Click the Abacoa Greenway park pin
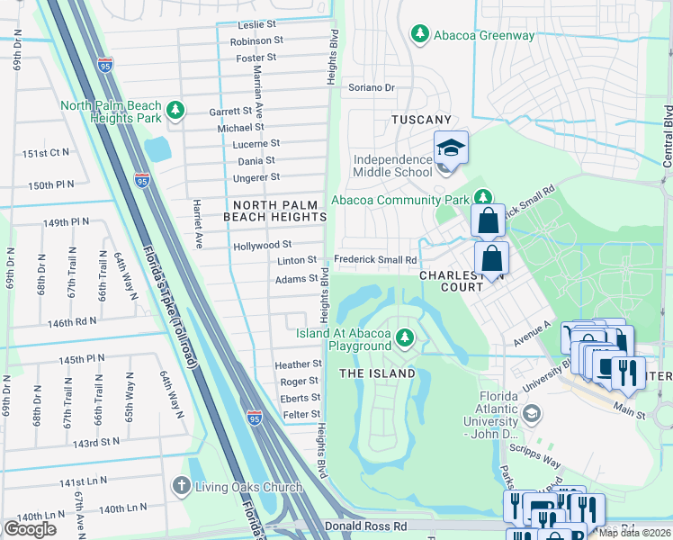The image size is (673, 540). coord(418,34)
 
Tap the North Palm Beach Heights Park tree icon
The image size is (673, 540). coord(177,111)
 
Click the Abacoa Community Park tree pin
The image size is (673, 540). coord(483,197)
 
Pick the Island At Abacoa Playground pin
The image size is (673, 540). coord(406,337)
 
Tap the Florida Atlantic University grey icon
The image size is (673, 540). coord(531,413)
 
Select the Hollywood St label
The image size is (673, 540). coord(262,244)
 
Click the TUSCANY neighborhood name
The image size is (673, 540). coord(421,120)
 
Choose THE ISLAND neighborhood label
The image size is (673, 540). coord(377,373)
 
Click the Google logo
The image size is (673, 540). coord(30,529)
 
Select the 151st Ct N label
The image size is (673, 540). coord(46,153)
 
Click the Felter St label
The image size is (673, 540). coord(302,414)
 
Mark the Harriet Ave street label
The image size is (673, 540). coord(197,225)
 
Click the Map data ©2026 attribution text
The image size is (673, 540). coord(633,533)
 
